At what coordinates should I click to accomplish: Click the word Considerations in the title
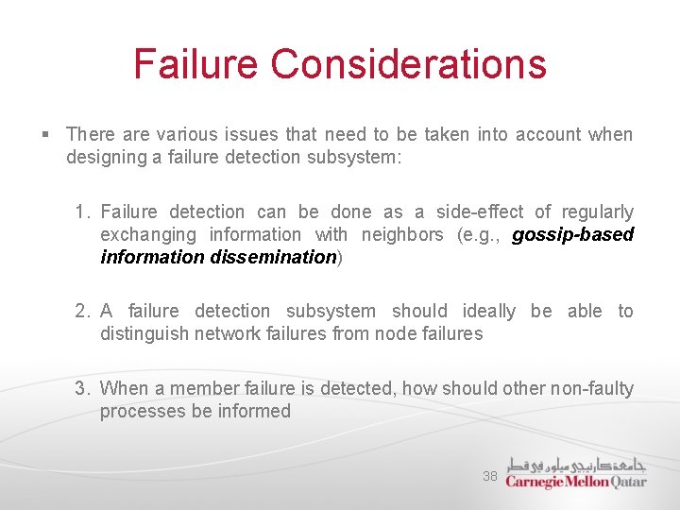(x=408, y=64)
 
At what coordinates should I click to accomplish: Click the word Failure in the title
(x=195, y=64)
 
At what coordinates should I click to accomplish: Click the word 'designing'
(x=106, y=157)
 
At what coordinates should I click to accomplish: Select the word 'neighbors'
(x=402, y=234)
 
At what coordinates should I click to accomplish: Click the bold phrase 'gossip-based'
(x=572, y=234)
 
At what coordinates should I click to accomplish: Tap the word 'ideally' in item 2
(x=489, y=311)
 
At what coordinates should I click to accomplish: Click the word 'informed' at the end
(x=254, y=411)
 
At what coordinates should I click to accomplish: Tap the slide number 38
(x=490, y=476)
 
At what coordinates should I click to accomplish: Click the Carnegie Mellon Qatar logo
(x=575, y=473)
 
